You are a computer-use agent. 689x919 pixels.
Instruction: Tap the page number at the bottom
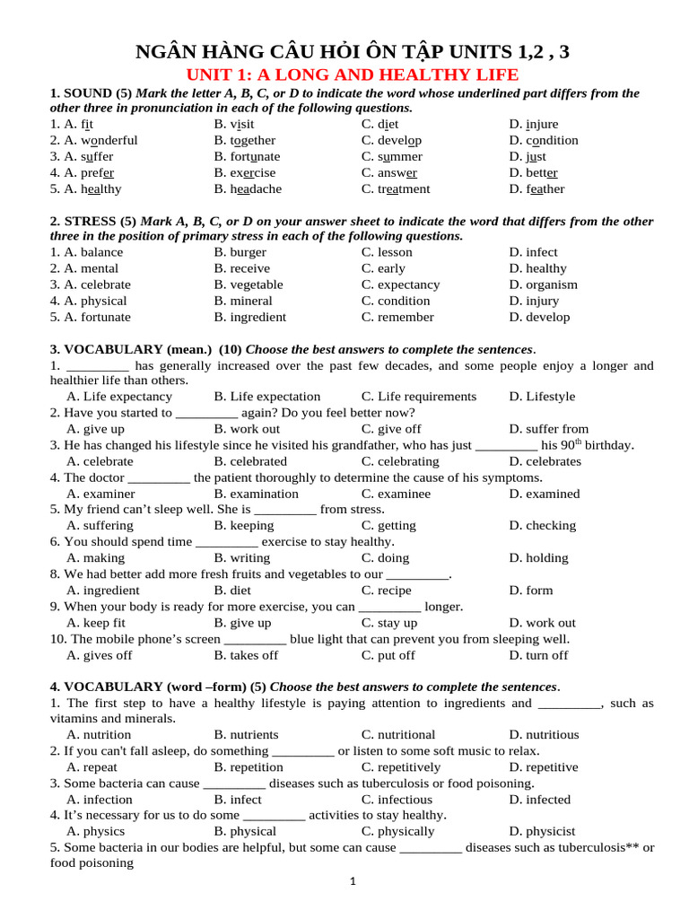point(353,882)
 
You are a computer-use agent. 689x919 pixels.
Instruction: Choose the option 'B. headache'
point(248,189)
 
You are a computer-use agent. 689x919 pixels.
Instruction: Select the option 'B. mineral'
point(243,302)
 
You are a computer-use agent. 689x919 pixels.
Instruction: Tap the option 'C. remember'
point(397,318)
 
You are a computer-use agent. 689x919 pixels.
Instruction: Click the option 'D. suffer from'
point(549,429)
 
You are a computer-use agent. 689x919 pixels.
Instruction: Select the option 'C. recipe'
point(387,591)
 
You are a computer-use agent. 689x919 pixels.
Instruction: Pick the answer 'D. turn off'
point(538,655)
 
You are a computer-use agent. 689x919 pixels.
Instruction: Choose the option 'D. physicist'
point(542,832)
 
